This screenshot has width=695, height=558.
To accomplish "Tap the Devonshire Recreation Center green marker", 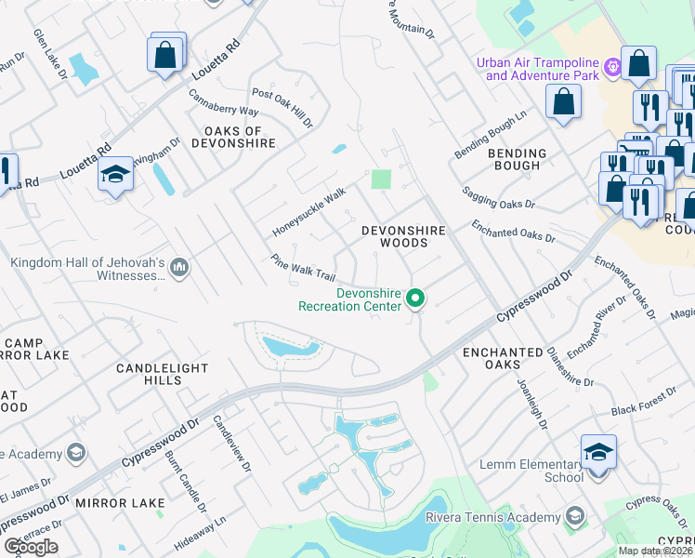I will point(416,299).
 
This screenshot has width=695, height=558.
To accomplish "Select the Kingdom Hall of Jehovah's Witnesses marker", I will point(180,269).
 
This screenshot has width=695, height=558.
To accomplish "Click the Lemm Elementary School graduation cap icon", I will point(599,453).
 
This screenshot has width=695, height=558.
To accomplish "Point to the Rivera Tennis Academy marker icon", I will point(576,516).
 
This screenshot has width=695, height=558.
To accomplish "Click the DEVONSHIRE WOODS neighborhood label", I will point(403,236).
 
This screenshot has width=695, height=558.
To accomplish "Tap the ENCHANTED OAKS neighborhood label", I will point(503,360).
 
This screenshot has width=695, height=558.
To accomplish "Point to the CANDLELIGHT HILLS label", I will point(162,375).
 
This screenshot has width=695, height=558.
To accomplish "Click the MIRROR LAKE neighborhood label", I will point(120,503).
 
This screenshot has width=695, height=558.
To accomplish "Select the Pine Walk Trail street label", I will point(303,269).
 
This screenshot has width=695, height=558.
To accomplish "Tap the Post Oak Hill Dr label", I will point(282,108).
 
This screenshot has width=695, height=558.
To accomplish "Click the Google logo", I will point(31,547).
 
